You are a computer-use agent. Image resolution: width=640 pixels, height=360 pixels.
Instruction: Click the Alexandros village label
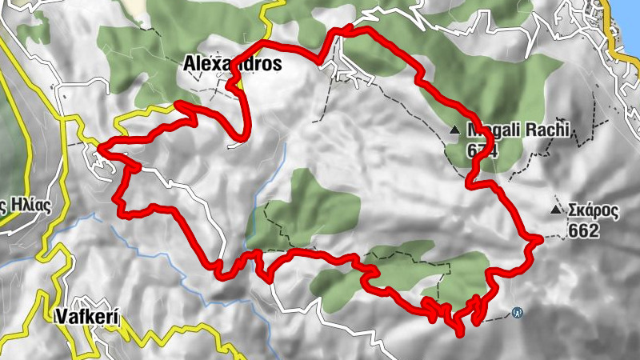pyautogui.click(x=232, y=62)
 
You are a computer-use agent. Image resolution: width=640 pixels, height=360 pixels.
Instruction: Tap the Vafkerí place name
pyautogui.click(x=88, y=317)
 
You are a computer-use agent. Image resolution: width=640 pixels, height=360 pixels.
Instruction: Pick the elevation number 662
pyautogui.click(x=585, y=230)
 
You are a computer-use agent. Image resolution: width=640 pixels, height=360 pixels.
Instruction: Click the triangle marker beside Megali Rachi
pyautogui.click(x=455, y=129)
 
